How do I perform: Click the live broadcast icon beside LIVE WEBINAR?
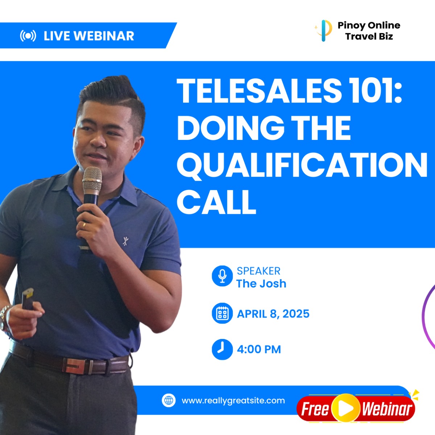28,36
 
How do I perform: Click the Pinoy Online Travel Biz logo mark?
323,31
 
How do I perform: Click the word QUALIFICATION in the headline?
302,165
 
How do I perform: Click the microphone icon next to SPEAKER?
222,276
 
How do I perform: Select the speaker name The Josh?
261,283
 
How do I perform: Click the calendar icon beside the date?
222,313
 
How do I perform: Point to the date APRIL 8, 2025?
273,314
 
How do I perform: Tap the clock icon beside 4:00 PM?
222,349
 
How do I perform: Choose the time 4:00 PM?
259,349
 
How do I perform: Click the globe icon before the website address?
169,400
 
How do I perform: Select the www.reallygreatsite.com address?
233,401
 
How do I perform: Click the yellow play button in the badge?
345,408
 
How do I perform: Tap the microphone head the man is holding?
92,178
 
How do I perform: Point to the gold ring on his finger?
84,225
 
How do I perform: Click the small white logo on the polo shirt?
125,241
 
